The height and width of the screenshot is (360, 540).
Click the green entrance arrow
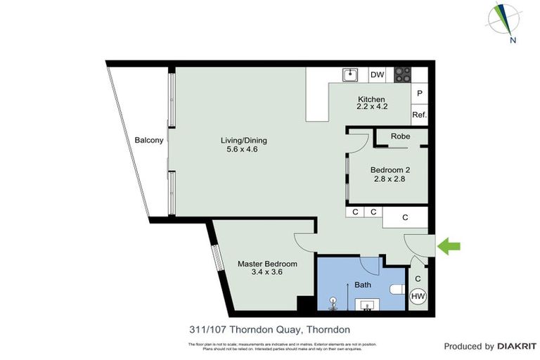point(449,246)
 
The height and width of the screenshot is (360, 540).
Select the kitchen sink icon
point(349,74)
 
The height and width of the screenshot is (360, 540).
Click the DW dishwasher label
point(377,75)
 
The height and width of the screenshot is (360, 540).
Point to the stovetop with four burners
point(402,74)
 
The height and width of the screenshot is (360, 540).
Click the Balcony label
point(148,140)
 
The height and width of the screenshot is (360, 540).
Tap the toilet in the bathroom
point(397,288)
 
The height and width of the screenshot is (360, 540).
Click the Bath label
point(362,285)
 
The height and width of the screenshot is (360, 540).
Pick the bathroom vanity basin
point(367,304)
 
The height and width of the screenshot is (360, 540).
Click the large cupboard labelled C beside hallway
point(405,218)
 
